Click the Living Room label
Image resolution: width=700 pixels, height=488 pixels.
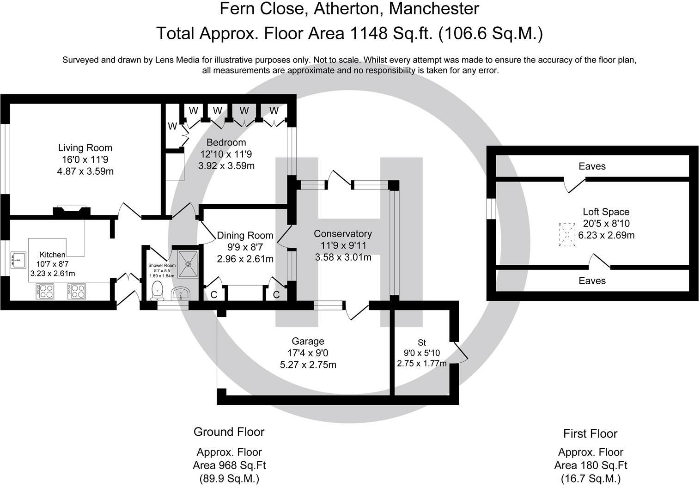click(x=85, y=148)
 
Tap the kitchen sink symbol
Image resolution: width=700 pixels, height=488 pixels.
click(x=18, y=260)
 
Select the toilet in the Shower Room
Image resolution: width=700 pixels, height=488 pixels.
click(x=157, y=290)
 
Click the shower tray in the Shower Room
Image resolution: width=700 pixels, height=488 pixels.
click(x=188, y=264)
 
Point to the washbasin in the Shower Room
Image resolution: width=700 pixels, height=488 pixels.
click(x=181, y=293)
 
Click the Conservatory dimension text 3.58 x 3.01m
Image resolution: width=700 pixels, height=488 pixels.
click(x=343, y=257)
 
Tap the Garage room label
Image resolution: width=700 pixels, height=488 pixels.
click(x=308, y=341)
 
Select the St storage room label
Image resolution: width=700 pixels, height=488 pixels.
click(x=422, y=342)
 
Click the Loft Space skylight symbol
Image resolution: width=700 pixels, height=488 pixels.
click(x=567, y=235)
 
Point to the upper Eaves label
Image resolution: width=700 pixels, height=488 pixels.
click(x=592, y=166)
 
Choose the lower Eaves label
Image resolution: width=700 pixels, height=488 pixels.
click(x=592, y=281)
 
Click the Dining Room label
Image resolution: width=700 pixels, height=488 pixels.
click(x=245, y=235)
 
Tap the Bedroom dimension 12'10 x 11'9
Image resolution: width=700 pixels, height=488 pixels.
click(x=226, y=154)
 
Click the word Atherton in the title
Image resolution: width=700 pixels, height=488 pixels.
click(x=349, y=8)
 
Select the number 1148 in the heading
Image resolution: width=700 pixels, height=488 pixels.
click(x=369, y=33)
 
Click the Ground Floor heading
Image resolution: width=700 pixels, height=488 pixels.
click(x=229, y=432)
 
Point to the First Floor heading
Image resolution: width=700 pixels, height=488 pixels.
click(x=590, y=433)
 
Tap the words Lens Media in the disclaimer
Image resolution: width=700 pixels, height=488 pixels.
click(x=177, y=60)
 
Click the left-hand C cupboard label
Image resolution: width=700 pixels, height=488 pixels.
click(x=214, y=295)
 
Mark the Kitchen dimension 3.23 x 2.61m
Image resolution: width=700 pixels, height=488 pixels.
click(x=53, y=274)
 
